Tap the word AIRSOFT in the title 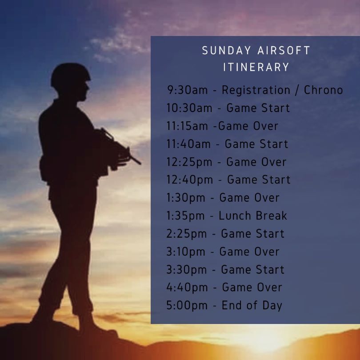coord(284,51)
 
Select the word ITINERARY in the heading coord(256,67)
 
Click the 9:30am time coord(188,90)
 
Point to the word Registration coord(256,90)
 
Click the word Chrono coord(323,90)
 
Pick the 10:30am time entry coord(189,108)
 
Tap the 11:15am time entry coord(187,126)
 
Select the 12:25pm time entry coord(189,162)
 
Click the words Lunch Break coord(253,216)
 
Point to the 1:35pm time coord(185,216)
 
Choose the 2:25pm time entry coord(186,234)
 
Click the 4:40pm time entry coord(187,288)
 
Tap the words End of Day coord(252,306)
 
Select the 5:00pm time coord(187,306)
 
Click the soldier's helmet coord(70,74)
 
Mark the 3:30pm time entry coord(186,270)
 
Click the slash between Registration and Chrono coord(297,90)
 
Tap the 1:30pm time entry coord(186,198)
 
